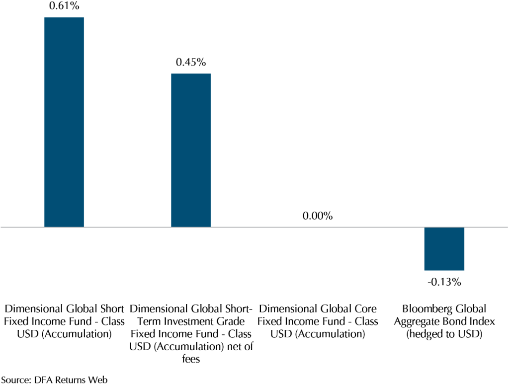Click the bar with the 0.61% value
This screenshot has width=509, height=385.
click(64, 122)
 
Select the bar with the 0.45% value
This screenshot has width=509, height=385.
click(191, 150)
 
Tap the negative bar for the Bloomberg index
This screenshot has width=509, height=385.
click(444, 248)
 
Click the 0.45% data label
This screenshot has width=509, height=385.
click(191, 63)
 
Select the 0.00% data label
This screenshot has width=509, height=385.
click(317, 217)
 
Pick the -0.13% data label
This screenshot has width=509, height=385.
click(444, 282)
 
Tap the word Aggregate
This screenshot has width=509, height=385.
click(416, 321)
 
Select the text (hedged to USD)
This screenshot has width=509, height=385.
click(444, 334)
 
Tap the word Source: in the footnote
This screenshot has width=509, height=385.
click(16, 380)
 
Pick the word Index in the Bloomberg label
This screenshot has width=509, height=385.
click(482, 321)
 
